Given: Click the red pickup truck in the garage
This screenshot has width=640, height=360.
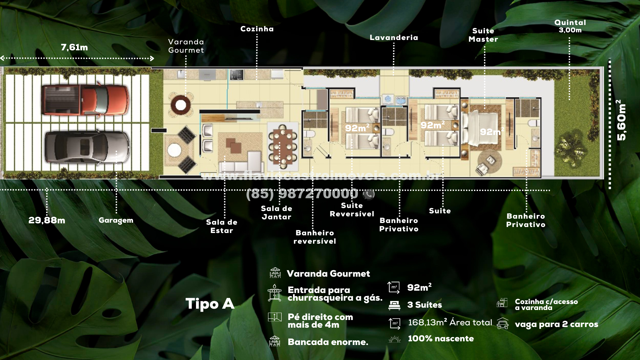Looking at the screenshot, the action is point(85,100).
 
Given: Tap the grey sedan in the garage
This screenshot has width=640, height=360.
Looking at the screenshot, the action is point(87,147).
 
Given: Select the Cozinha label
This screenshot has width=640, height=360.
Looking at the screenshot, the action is point(257,29).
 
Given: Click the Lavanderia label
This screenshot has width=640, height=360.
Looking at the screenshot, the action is point(394,38).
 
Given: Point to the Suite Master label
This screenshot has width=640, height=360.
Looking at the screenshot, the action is point(483,35).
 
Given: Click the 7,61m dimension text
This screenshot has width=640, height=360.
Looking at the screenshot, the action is point(74,47).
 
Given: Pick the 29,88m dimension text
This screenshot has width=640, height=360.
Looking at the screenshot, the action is point(47,220).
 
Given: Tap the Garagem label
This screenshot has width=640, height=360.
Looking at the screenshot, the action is point(116,220).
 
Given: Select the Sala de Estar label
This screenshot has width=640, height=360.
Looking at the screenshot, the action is point(222,226).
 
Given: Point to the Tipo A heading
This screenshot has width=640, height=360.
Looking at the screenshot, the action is point(210,304).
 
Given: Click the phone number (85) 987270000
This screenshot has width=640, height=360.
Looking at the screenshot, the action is point(302,194).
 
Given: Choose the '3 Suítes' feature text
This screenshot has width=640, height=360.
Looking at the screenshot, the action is point(425,305).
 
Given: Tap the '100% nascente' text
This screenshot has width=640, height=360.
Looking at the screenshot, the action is point(441,339).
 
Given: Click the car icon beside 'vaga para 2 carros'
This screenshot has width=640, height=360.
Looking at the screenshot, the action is point(503,324).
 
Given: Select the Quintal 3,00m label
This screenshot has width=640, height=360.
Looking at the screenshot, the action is point(570,26).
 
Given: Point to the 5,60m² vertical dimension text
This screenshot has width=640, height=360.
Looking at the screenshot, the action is point(621,120).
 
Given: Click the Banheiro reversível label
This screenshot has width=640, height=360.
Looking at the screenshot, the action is point(315,237).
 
